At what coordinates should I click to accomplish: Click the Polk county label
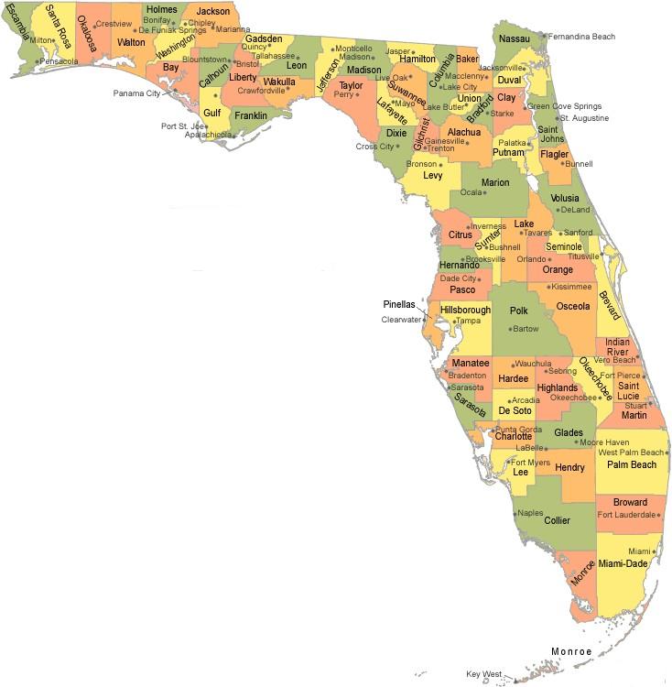point(519,311)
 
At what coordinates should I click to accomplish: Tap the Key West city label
point(484,674)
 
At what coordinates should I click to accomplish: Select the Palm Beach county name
point(631,465)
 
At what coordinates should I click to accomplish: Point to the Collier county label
point(557,520)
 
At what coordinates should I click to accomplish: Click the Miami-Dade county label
point(623,563)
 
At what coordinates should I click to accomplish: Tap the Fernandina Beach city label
point(591,37)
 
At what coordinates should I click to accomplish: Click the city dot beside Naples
point(515,514)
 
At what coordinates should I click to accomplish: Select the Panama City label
point(136,93)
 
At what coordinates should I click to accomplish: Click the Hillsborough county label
point(465,310)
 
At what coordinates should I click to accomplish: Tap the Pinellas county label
point(399,304)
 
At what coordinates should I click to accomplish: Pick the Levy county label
point(433,175)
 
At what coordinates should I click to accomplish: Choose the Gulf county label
point(212,113)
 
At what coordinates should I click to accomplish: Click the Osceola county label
point(573,306)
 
